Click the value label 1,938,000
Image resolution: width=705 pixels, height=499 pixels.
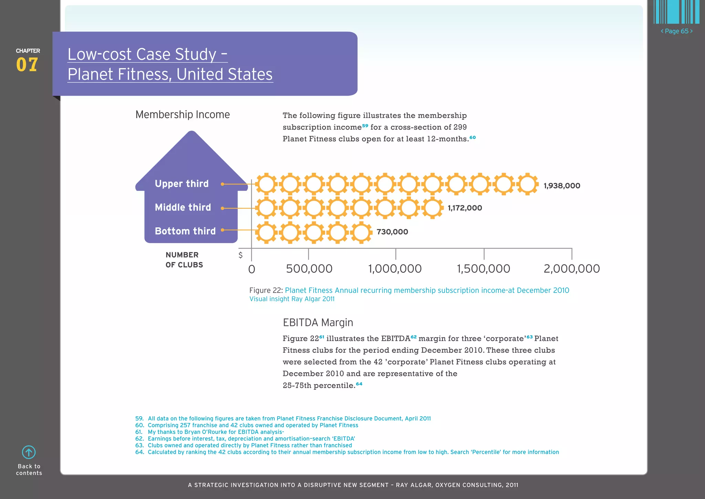pyautogui.click(x=562, y=186)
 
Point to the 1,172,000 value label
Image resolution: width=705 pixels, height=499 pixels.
pyautogui.click(x=465, y=208)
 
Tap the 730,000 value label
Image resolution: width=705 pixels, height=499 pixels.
pyautogui.click(x=392, y=232)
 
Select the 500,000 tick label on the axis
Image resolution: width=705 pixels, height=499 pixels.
pyautogui.click(x=309, y=269)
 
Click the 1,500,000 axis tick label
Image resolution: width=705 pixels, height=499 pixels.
pyautogui.click(x=483, y=269)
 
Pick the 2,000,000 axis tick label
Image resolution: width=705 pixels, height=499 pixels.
pyautogui.click(x=571, y=269)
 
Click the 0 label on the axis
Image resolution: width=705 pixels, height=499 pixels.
pyautogui.click(x=252, y=269)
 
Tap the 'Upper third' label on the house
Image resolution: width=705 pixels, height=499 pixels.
pyautogui.click(x=182, y=184)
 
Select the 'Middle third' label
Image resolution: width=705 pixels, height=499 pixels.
pyautogui.click(x=183, y=207)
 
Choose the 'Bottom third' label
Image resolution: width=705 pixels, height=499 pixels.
pyautogui.click(x=185, y=231)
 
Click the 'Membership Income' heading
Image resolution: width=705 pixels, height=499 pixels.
pyautogui.click(x=182, y=114)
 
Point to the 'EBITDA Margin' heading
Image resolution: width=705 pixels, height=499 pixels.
pyautogui.click(x=318, y=323)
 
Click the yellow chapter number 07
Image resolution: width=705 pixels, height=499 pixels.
pyautogui.click(x=27, y=65)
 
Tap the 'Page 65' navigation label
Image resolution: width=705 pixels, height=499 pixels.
pyautogui.click(x=676, y=31)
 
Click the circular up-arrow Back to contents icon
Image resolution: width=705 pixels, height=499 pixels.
pyautogui.click(x=29, y=452)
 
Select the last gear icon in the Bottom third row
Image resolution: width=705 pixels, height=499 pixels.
pyautogui.click(x=361, y=232)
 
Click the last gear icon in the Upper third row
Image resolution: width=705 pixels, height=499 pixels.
pyautogui.click(x=527, y=184)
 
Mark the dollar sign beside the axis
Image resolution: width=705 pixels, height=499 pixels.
pyautogui.click(x=241, y=255)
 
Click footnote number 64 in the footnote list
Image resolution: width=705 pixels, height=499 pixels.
pyautogui.click(x=139, y=452)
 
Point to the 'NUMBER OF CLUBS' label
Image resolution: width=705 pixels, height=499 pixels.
pyautogui.click(x=184, y=260)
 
